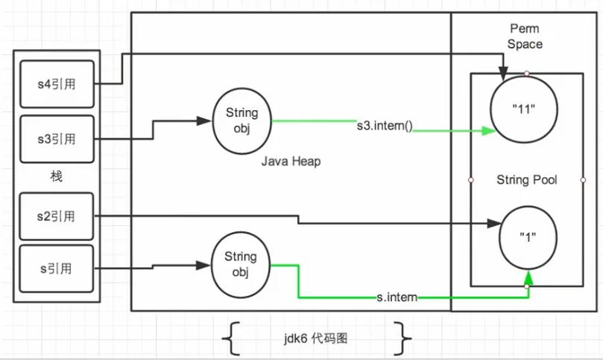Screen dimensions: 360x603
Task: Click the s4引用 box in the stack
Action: click(x=57, y=84)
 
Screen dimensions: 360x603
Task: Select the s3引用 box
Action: click(x=57, y=139)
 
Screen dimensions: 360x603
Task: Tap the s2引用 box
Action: click(x=57, y=216)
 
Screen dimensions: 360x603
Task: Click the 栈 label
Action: click(x=56, y=177)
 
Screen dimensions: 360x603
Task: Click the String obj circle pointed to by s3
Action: click(x=241, y=120)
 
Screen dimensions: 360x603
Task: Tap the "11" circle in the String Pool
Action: click(x=526, y=109)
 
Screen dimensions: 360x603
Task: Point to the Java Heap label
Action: click(x=291, y=161)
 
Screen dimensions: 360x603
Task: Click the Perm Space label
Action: click(x=525, y=36)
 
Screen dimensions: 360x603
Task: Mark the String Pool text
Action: click(x=526, y=180)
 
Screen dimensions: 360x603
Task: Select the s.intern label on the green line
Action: click(x=397, y=298)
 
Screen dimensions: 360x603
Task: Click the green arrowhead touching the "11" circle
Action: click(x=490, y=131)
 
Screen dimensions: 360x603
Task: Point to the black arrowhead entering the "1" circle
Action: click(x=493, y=222)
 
